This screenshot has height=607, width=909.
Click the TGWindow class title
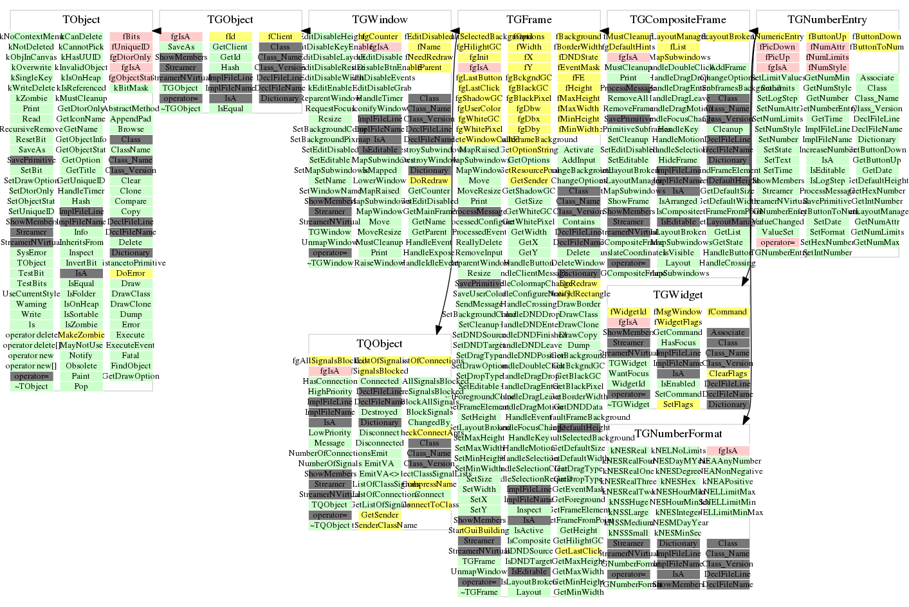(x=380, y=19)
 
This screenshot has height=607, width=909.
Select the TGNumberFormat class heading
(x=678, y=433)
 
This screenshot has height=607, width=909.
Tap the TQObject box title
(x=380, y=343)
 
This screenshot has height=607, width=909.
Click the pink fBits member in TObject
(x=131, y=37)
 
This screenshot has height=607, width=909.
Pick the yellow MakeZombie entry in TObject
(x=81, y=335)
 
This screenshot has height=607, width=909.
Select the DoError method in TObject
(x=131, y=273)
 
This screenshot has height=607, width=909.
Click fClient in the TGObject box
(x=280, y=37)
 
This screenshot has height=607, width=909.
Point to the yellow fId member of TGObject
(x=230, y=37)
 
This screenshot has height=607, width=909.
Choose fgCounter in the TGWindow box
(x=380, y=37)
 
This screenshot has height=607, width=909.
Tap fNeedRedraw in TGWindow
(x=429, y=57)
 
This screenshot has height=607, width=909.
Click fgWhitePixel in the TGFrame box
(x=479, y=129)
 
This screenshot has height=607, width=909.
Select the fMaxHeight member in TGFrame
(x=578, y=98)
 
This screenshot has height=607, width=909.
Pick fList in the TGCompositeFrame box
(x=678, y=47)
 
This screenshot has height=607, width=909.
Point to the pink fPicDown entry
(x=777, y=47)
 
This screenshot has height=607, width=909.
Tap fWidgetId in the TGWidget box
(x=628, y=312)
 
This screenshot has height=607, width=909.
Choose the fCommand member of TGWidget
(x=728, y=312)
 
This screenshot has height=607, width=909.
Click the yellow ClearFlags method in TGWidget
(x=728, y=374)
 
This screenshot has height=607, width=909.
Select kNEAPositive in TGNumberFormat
(x=728, y=482)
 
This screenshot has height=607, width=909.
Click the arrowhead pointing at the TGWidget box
(x=744, y=282)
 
